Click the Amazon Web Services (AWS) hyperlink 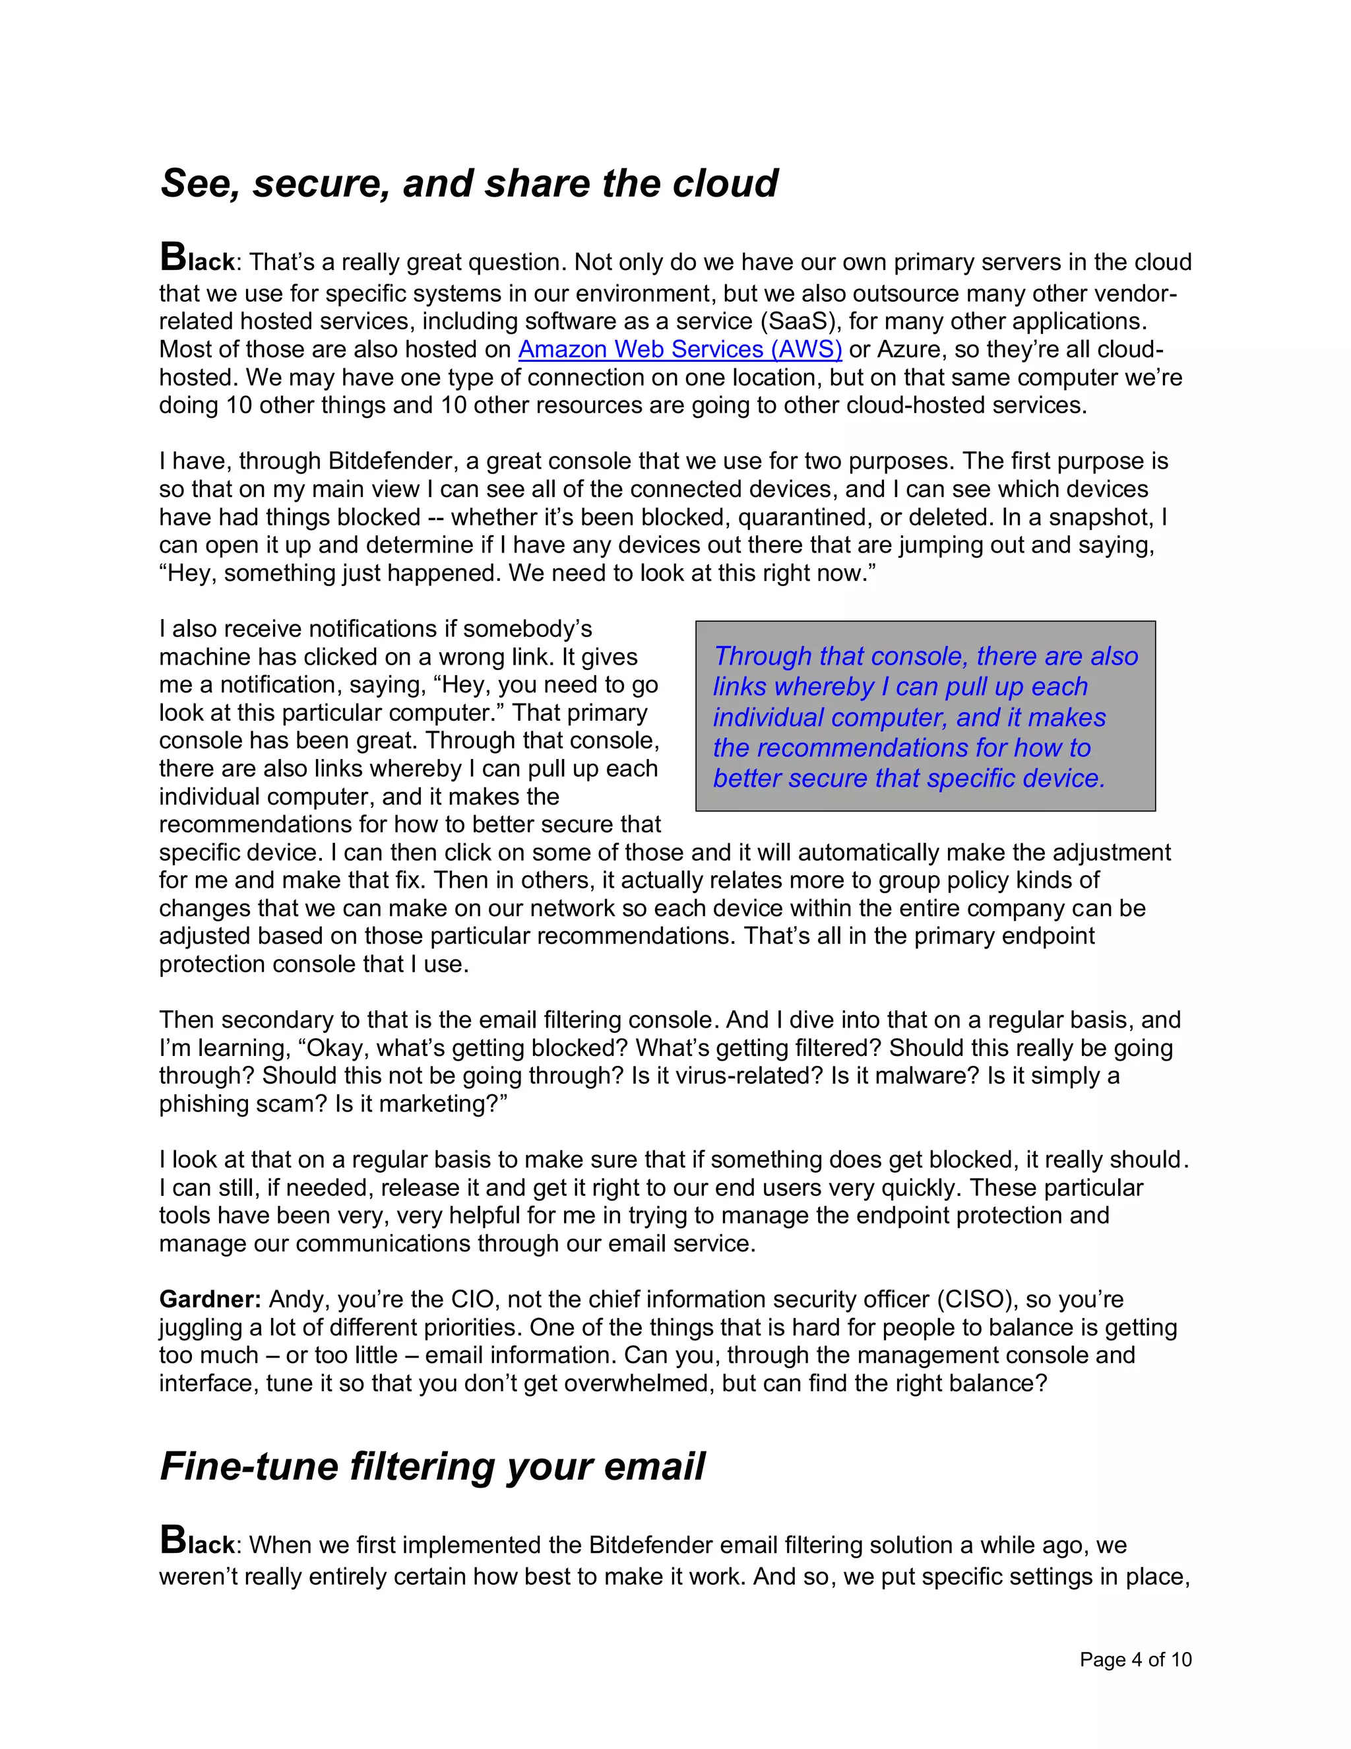679,350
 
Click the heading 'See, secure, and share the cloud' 469,183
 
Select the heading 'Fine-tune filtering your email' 432,1467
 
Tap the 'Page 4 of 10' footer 1135,1659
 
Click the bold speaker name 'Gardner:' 210,1299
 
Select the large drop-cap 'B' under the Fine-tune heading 173,1539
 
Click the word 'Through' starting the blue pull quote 762,657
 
